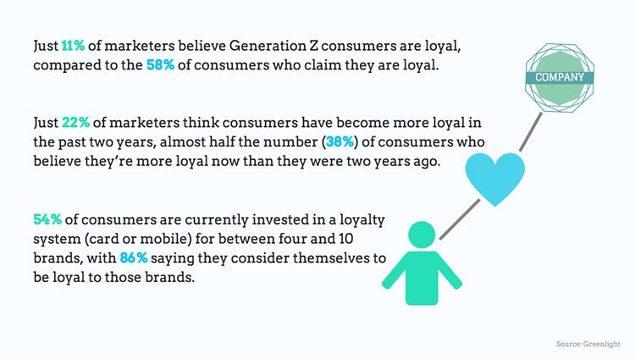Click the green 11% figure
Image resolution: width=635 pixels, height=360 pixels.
coord(73,46)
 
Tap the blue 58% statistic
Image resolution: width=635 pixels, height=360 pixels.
coord(160,65)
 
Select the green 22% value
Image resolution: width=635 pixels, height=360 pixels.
coord(75,123)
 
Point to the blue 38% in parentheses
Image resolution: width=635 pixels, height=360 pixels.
coord(340,142)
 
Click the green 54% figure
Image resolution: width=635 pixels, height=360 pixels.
coord(47,220)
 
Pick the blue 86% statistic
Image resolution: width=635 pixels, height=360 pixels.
coord(134,258)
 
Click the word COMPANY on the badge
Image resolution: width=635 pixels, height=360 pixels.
coord(560,77)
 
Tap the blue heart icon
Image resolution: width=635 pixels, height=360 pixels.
coord(495,178)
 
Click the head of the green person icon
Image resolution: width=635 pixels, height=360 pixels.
coord(422,235)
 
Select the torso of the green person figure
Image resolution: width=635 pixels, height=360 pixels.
coord(422,277)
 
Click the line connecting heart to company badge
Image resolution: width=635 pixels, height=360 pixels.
coord(531,132)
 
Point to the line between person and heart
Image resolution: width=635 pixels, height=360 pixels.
coord(460,219)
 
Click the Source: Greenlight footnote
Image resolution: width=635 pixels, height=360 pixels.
coord(588,344)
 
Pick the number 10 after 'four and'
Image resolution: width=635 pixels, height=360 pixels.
coord(345,239)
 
